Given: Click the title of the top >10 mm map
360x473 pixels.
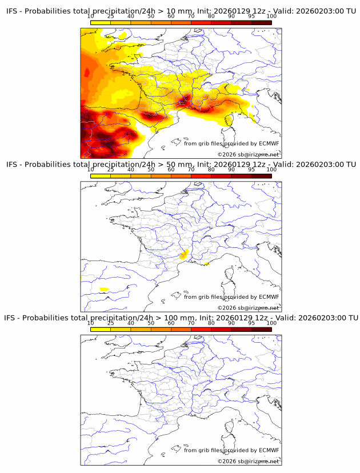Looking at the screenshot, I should click(x=181, y=11).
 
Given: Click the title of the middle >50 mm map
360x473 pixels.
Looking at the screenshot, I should click(x=181, y=165).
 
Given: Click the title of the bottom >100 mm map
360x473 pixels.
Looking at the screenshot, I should click(x=181, y=318).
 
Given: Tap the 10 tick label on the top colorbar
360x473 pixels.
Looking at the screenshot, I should click(x=91, y=17).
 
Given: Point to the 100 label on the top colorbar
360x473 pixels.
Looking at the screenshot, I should click(x=271, y=17).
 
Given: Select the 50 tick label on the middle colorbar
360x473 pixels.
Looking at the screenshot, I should click(x=151, y=170).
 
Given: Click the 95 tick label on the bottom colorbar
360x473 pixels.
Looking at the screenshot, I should click(x=251, y=323).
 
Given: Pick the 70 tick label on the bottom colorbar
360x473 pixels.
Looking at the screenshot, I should click(x=191, y=323).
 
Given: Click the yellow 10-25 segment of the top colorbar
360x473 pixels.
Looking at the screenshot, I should click(x=101, y=22).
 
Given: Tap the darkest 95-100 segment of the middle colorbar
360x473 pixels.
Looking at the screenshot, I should click(x=261, y=175).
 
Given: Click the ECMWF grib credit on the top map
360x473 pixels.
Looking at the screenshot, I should click(x=231, y=143).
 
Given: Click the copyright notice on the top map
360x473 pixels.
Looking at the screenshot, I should click(x=249, y=155).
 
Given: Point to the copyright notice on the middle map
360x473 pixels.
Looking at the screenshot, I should click(x=249, y=308).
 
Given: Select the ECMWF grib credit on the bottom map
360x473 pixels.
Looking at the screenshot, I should click(x=231, y=450).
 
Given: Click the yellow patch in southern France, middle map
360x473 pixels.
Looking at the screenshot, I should click(x=183, y=255).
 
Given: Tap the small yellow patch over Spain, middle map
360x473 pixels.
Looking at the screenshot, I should click(x=104, y=289).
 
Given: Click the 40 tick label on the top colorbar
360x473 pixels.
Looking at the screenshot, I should click(x=131, y=17).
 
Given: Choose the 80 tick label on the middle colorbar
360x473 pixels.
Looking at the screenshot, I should click(x=211, y=170).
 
